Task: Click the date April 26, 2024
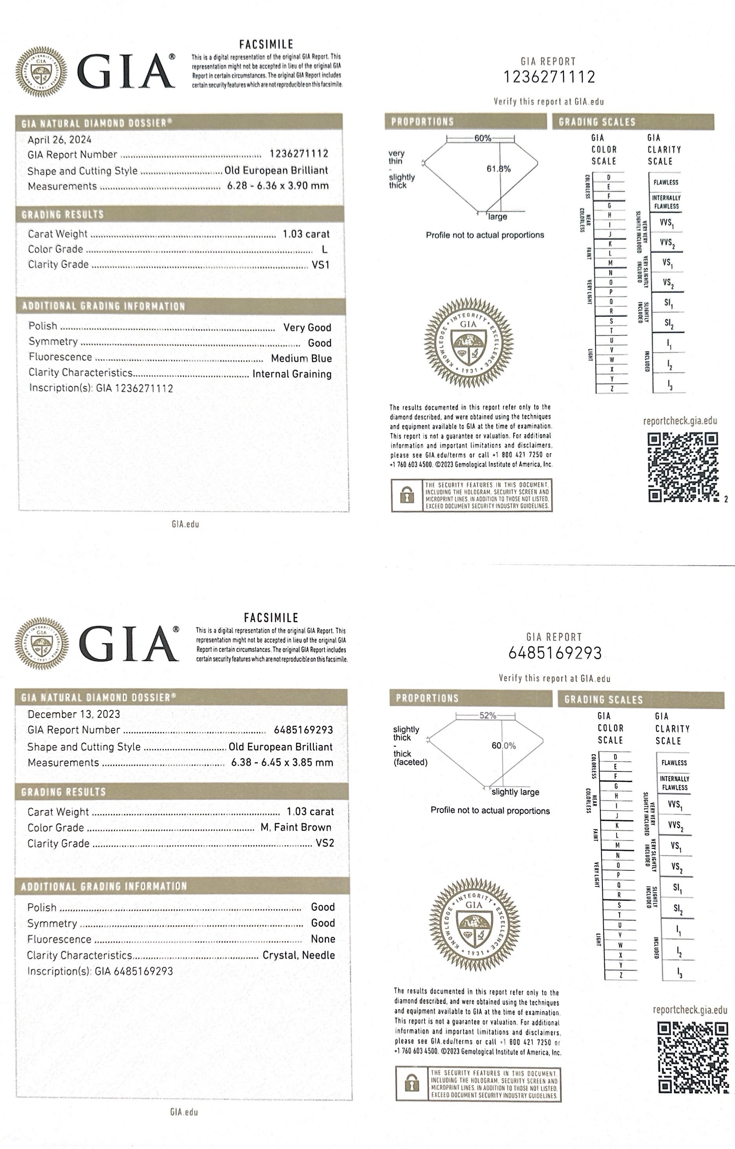click(x=59, y=140)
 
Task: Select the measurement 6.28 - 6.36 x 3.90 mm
click(x=278, y=186)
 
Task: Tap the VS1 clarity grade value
click(x=321, y=265)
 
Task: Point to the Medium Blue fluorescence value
click(x=301, y=358)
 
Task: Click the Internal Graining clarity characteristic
click(x=292, y=374)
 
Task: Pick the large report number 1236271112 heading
click(x=549, y=77)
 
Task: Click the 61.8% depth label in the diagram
click(x=498, y=169)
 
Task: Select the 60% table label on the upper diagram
click(x=482, y=139)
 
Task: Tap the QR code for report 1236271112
click(x=682, y=467)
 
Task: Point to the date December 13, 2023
click(x=73, y=714)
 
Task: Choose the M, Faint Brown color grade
click(x=296, y=827)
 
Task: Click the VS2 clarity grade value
click(x=325, y=843)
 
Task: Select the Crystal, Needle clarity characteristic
click(x=298, y=955)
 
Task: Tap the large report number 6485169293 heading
click(x=555, y=653)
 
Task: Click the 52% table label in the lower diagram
click(x=487, y=715)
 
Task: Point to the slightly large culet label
click(x=515, y=792)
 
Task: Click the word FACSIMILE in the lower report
click(x=271, y=618)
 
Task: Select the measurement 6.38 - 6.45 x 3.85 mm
click(x=282, y=762)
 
